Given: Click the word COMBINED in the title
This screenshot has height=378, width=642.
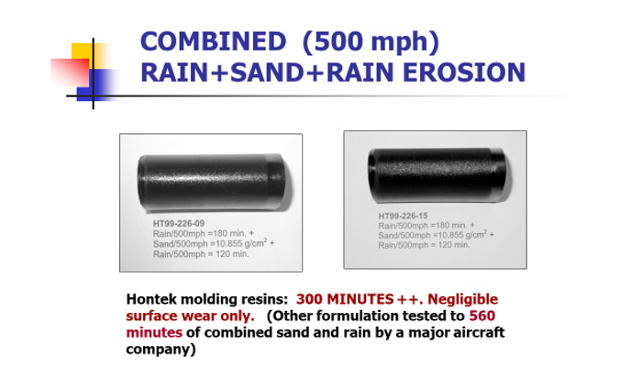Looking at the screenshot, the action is [213, 41].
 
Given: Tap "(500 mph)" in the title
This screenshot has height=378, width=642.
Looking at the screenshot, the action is [371, 42].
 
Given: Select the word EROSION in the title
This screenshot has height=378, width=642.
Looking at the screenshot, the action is [464, 72].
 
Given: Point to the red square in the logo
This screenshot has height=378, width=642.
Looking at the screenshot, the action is [70, 72].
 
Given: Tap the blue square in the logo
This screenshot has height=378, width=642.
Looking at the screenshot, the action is [97, 85].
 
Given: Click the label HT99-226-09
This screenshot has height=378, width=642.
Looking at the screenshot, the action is [179, 224].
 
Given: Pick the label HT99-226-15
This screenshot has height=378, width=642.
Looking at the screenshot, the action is [403, 216].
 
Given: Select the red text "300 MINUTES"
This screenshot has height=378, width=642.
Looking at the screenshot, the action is [345, 299].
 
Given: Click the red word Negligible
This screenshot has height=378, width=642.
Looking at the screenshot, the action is [462, 300].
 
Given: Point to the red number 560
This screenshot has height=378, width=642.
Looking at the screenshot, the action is [481, 316].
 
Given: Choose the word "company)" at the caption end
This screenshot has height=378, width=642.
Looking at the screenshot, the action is [160, 350].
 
